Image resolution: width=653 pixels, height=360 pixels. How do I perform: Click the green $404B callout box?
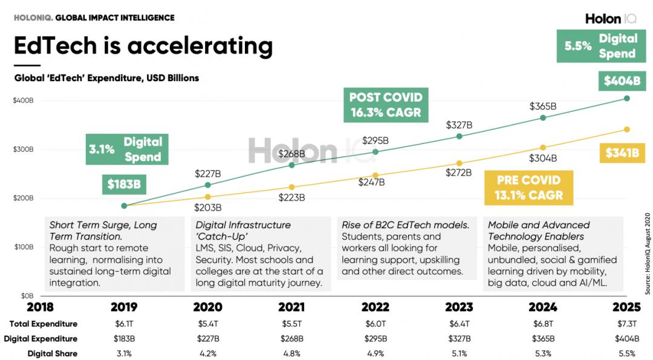[x=621, y=81]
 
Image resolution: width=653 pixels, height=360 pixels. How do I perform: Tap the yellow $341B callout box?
[x=621, y=152]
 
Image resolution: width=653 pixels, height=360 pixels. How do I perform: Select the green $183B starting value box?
[x=124, y=184]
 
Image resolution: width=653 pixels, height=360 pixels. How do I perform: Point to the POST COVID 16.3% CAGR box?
[x=386, y=104]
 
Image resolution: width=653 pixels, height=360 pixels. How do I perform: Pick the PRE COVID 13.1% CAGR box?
[x=528, y=188]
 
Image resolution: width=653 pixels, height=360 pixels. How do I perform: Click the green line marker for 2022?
[x=375, y=152]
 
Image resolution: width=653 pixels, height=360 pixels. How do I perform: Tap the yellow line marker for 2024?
[x=543, y=148]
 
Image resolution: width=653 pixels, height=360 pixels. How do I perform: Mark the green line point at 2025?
[x=626, y=98]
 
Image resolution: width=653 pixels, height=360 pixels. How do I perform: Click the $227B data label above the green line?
[x=207, y=174]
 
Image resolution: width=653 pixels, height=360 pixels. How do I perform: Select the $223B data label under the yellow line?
[x=291, y=197]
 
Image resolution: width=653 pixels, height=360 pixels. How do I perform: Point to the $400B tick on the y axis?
[x=23, y=100]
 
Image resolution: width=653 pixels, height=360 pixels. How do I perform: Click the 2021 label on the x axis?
[x=291, y=307]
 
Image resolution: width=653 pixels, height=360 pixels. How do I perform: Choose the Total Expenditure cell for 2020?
[x=207, y=324]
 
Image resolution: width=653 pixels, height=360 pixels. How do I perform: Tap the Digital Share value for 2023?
[x=459, y=353]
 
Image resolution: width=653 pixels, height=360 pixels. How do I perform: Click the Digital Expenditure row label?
[x=41, y=339]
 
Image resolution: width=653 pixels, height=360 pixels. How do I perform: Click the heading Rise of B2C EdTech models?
[x=405, y=224]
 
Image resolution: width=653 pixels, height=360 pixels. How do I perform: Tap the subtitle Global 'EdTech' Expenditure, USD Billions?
[x=106, y=78]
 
